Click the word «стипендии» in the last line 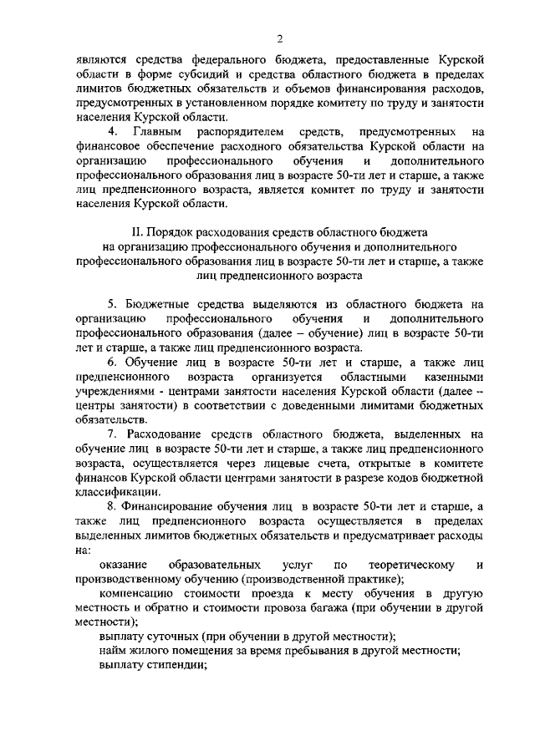(176, 665)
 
